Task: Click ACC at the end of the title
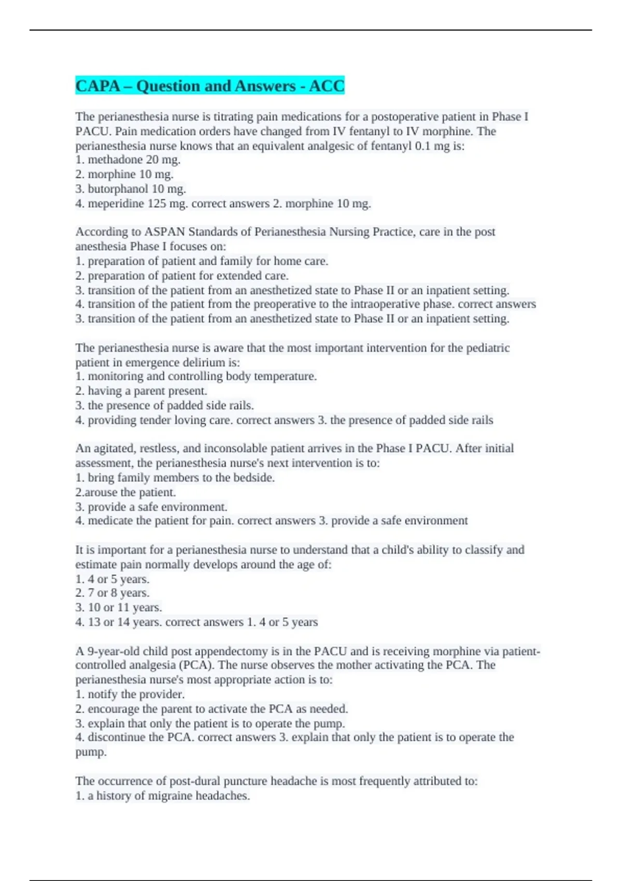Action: click(327, 86)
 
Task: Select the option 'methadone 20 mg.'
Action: click(134, 160)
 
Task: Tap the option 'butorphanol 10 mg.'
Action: click(136, 189)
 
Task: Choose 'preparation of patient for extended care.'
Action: click(188, 276)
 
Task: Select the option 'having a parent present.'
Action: click(147, 391)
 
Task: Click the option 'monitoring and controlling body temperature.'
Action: click(202, 376)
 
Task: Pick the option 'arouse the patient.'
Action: click(130, 492)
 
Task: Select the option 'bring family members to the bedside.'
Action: click(181, 478)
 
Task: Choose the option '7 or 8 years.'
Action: click(118, 593)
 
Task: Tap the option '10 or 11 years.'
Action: click(124, 607)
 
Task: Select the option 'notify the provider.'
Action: click(136, 694)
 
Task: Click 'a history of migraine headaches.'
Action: click(168, 796)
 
